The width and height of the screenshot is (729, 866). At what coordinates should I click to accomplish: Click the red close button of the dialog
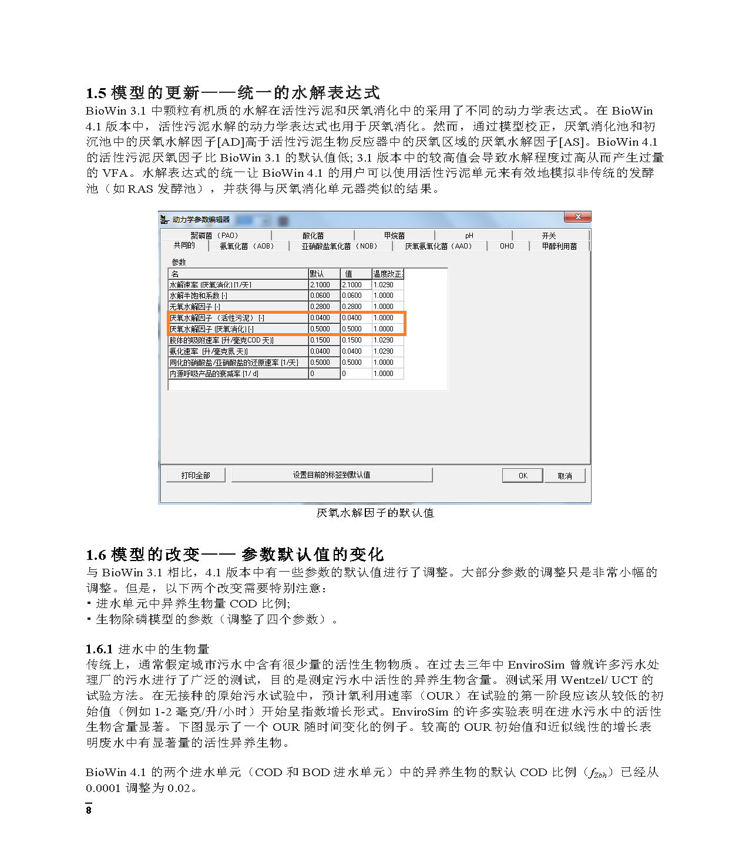pos(577,217)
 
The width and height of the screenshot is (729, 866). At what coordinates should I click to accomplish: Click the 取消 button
pos(564,475)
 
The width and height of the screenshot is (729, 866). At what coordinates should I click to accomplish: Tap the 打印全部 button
pos(195,475)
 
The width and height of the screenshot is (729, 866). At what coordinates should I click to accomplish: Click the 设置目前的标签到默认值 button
pos(331,475)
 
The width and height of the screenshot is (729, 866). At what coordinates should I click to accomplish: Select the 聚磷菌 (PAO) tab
pos(214,235)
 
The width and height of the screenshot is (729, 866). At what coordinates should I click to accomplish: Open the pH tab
pos(469,235)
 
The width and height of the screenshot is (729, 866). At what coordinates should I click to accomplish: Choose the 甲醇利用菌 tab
pos(559,246)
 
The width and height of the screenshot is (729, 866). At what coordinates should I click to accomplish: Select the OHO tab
pos(506,246)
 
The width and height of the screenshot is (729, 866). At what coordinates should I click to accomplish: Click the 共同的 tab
pos(184,246)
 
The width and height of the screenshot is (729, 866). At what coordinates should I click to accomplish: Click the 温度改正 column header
pos(387,274)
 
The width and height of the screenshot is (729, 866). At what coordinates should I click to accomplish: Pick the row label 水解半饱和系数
pos(199,296)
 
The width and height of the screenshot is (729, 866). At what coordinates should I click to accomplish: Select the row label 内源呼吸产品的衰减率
pos(214,374)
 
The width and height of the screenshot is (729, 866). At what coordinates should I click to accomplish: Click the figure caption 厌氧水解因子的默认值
pos(375,513)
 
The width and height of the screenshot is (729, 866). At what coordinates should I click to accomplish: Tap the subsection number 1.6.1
pos(99,649)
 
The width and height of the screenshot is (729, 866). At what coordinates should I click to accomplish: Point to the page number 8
pos(89,810)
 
